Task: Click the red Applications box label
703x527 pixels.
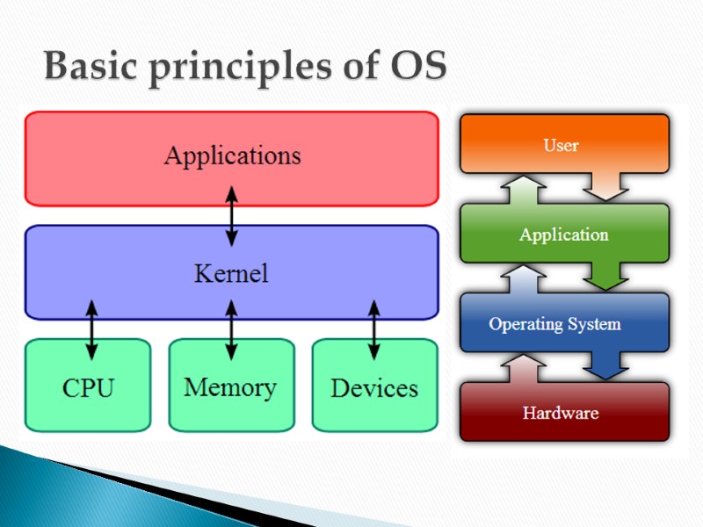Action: pos(232,156)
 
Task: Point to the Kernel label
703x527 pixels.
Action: pos(231,273)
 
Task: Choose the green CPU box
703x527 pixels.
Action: pos(89,387)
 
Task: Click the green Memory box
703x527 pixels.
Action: pos(231,386)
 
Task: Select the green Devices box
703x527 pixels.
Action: pos(374,387)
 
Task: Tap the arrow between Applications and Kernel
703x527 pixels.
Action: pos(231,215)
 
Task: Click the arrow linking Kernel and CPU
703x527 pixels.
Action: pos(91,329)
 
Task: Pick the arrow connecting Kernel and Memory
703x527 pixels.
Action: pos(231,329)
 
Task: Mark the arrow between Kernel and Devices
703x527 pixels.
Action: pos(373,329)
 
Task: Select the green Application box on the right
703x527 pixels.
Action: pos(563,235)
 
